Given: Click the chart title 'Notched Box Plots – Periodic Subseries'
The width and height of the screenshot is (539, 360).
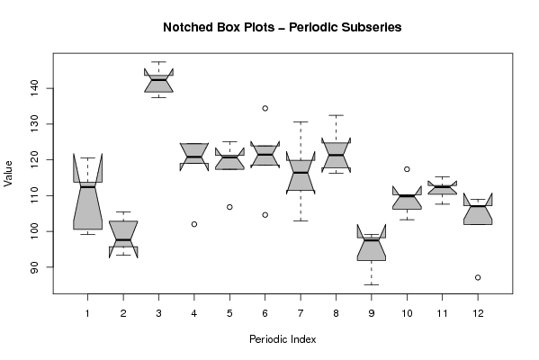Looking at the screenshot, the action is point(283,27).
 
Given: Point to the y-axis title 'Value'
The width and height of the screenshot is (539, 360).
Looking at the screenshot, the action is point(8,174).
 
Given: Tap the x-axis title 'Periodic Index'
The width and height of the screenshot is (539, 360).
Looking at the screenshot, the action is point(283,339).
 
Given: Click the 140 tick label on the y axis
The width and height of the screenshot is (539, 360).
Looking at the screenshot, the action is point(35,88).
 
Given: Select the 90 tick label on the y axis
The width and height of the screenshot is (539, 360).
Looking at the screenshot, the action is point(35,267).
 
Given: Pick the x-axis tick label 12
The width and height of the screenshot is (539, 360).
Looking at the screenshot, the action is point(478,313).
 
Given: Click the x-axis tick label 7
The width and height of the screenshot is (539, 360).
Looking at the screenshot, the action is point(301,313).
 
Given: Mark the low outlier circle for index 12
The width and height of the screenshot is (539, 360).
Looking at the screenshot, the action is point(478,277).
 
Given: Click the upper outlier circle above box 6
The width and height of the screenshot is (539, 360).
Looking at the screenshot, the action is point(265,108).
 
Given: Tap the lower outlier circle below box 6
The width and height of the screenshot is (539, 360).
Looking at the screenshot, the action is point(265,215).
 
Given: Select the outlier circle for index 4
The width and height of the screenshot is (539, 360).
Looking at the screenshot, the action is point(194,224).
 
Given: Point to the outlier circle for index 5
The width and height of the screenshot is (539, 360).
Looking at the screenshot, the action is point(229,207).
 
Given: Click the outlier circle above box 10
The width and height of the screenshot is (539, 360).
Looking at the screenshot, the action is point(407,169).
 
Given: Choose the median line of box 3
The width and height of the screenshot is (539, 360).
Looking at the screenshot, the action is point(158,80).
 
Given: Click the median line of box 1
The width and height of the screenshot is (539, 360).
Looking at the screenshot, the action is point(87,186).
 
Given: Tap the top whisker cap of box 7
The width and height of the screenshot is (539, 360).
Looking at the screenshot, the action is point(301,121).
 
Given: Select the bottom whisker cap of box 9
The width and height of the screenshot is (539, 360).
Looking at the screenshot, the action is point(372,284).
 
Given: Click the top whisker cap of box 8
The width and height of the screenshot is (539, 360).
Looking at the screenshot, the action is point(337,115).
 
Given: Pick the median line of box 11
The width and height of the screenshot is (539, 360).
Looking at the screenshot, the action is point(443,186).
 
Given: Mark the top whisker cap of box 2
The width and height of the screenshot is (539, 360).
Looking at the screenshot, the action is point(123,211).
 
